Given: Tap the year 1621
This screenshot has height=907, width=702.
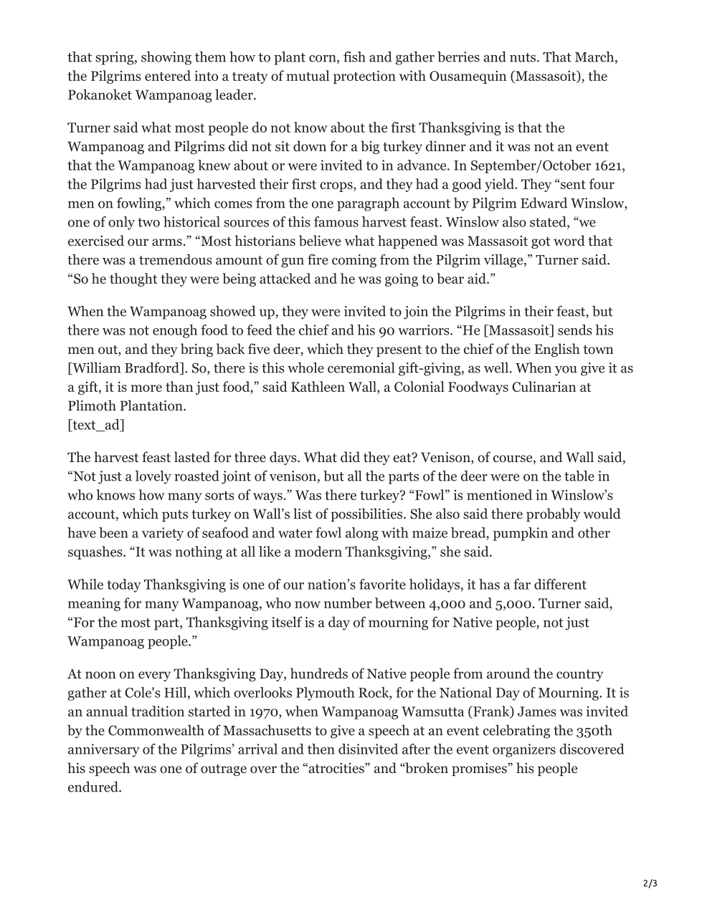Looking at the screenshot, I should click(x=609, y=165).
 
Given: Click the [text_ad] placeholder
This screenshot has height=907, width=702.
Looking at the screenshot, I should click(x=96, y=425).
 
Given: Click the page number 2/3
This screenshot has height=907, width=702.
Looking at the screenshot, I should click(x=649, y=883).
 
